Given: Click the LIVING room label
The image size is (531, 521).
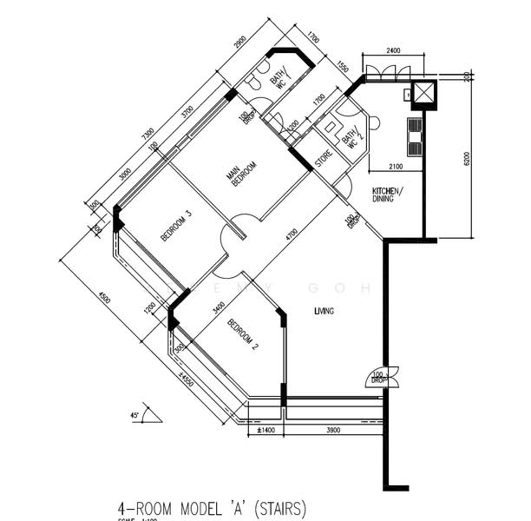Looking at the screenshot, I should (x=324, y=310).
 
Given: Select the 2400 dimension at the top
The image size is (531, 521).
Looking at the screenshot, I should (x=392, y=51).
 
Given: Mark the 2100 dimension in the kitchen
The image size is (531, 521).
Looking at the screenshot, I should (x=396, y=166).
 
